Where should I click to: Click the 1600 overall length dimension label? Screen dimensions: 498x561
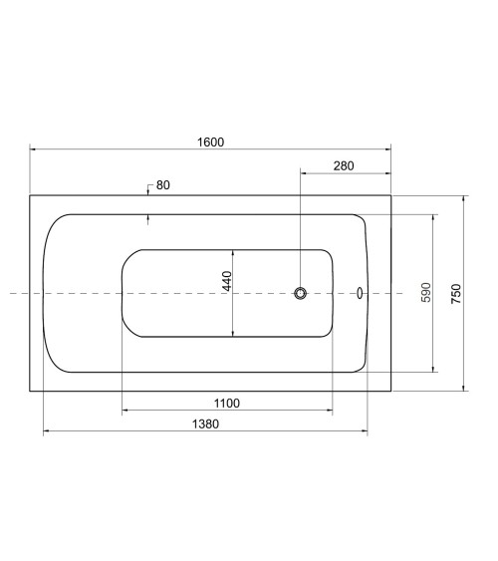(x=210, y=142)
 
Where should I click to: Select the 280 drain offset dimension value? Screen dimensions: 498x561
(x=344, y=166)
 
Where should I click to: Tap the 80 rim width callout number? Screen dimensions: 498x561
(x=163, y=185)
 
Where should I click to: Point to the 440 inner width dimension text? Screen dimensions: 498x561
(x=227, y=281)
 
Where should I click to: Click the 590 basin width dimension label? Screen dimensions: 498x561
(x=426, y=292)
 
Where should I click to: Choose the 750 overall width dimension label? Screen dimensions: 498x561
(x=456, y=294)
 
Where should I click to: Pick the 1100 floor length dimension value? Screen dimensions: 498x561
(x=227, y=404)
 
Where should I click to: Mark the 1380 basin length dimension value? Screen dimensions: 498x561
(x=205, y=423)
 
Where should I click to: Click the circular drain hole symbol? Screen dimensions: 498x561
(x=301, y=293)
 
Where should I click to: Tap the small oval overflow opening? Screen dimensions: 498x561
(x=360, y=293)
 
